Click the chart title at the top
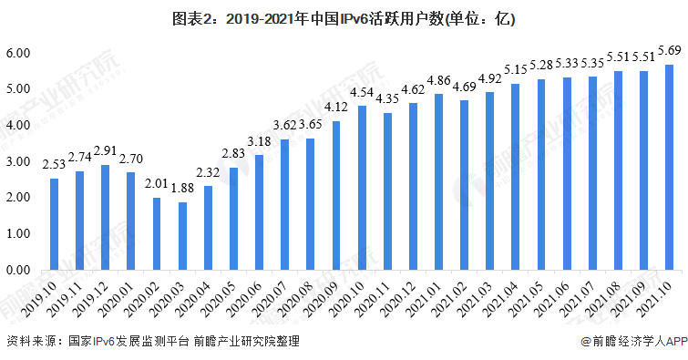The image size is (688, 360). pyautogui.click(x=344, y=17)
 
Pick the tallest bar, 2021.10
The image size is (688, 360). pyautogui.click(x=669, y=168)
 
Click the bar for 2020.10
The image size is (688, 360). pyautogui.click(x=362, y=188)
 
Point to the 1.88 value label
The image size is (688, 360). pyautogui.click(x=182, y=189)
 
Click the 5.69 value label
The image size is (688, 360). pyautogui.click(x=669, y=51)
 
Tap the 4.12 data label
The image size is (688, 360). pyautogui.click(x=336, y=108)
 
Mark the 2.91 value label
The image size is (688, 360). pyautogui.click(x=106, y=151)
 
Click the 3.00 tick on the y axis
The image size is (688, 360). pyautogui.click(x=19, y=161)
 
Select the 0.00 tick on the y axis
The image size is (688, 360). pyautogui.click(x=19, y=271)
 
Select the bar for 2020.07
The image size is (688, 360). pyautogui.click(x=285, y=205)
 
